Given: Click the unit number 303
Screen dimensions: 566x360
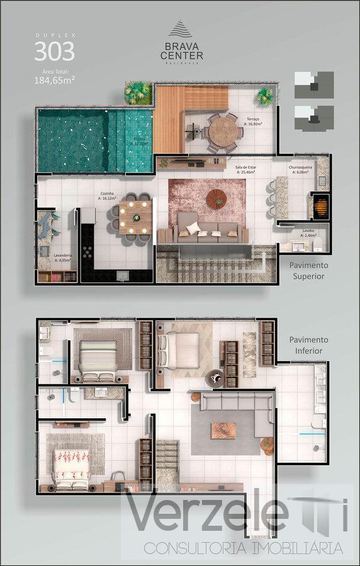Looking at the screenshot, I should [x=54, y=51].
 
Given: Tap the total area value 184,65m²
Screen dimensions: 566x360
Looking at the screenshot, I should [x=54, y=80].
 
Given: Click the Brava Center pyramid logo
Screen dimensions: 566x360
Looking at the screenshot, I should [x=179, y=30].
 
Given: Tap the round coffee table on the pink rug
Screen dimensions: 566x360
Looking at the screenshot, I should [x=216, y=199].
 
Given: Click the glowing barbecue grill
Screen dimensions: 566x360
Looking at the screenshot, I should [x=320, y=205].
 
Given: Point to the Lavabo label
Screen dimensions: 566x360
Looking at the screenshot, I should [x=308, y=232].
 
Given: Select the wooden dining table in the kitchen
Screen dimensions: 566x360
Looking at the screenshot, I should [x=133, y=217].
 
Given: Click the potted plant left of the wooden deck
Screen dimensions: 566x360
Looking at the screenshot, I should [x=138, y=92].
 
